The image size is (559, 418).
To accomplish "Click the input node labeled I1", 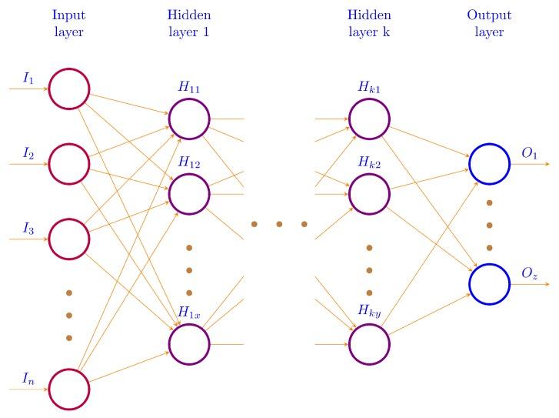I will [x=69, y=89].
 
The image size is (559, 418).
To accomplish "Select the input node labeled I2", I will [x=69, y=163].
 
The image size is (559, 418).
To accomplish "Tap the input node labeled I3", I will [x=69, y=239].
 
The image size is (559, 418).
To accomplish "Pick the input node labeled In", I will [x=69, y=388].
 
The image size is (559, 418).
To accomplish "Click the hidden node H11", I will [x=189, y=119].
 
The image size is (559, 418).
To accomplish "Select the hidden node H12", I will [x=189, y=194].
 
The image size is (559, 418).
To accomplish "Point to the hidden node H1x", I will [x=189, y=343].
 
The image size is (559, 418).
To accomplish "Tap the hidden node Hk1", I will [x=369, y=119].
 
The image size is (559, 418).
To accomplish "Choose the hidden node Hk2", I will [x=369, y=194].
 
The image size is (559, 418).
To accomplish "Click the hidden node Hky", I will [x=369, y=343].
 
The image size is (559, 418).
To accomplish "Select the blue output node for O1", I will [x=489, y=164].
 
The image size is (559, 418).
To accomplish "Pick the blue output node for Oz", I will [x=489, y=283].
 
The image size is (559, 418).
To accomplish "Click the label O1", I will [x=529, y=154].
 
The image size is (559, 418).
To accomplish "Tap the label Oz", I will [x=529, y=273].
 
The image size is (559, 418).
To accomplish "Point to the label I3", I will [x=29, y=229].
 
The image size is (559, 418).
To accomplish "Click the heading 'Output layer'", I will [x=489, y=23].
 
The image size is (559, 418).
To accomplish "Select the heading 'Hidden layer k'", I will [x=369, y=23].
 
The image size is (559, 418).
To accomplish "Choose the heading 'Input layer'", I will [x=68, y=23].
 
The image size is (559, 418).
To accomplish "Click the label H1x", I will [x=189, y=312].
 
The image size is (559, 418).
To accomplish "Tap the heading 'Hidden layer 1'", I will [x=189, y=23].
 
